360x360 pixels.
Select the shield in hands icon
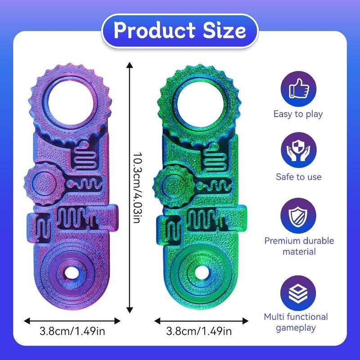tap(298, 151)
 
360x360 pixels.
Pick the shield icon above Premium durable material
tap(298, 215)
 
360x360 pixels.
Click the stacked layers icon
tap(298, 291)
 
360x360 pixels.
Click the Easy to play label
tap(298, 114)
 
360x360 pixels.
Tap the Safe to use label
tap(298, 177)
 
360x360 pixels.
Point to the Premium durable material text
tap(298, 246)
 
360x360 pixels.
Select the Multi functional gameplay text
tap(298, 322)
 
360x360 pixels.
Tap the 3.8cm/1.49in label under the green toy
tap(199, 332)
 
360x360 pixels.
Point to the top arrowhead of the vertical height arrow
tap(130, 66)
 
